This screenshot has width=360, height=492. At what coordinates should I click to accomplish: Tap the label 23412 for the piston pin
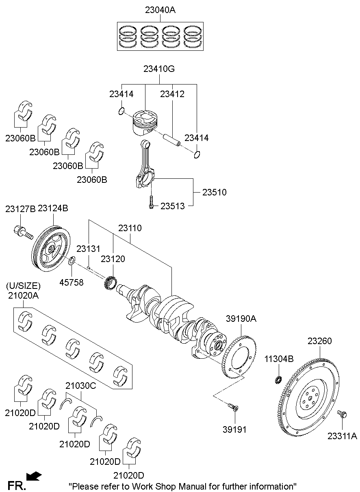172,94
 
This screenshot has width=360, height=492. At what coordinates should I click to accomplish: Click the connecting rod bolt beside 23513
151,202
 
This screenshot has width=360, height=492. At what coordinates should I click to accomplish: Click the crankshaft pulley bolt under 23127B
24,232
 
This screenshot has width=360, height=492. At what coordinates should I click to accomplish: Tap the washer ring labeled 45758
72,261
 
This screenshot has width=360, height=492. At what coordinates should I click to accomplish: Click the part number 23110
130,228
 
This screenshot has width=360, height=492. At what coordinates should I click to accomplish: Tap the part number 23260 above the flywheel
319,341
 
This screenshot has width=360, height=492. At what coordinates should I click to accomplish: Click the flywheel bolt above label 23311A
342,414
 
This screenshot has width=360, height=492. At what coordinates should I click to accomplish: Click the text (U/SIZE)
23,286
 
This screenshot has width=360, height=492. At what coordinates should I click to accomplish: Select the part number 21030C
81,386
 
